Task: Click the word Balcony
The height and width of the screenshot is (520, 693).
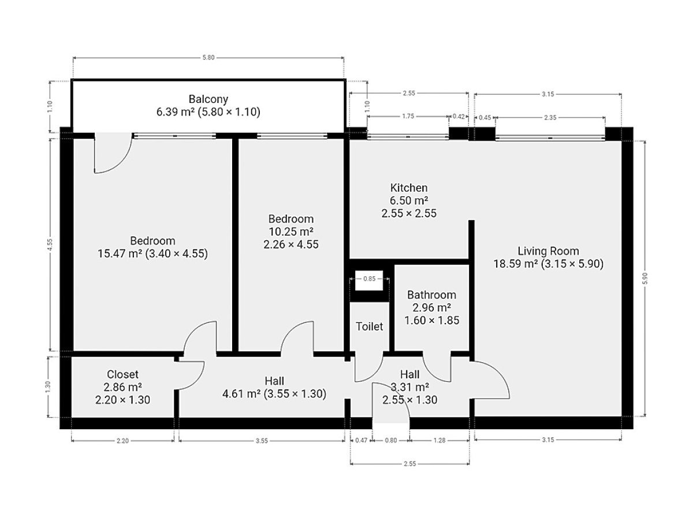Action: [x=208, y=99]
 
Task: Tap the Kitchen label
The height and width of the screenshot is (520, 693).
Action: [x=408, y=188]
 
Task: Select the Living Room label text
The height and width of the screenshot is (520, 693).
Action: [x=548, y=251]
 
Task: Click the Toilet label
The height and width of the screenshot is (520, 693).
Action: [x=369, y=326]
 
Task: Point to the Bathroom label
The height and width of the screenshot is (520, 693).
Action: [x=431, y=295]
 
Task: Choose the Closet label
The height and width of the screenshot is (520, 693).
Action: [x=122, y=374]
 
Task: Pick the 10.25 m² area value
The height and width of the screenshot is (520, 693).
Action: [x=291, y=232]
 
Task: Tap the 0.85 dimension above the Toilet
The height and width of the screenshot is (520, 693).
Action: [x=369, y=279]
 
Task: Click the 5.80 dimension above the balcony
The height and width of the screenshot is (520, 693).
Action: [x=208, y=57]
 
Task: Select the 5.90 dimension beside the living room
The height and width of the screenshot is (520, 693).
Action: [x=645, y=278]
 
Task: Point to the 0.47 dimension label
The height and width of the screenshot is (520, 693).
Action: [x=361, y=440]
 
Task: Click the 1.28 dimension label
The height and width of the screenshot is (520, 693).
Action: [x=439, y=440]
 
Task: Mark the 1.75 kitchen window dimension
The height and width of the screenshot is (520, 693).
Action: [x=408, y=116]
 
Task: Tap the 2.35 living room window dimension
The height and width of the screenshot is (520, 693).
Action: [x=550, y=117]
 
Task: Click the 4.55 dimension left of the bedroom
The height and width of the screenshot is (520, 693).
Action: [x=50, y=245]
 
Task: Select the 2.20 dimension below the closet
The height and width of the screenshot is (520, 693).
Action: [x=122, y=441]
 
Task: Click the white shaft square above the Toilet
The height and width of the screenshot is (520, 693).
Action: [x=369, y=280]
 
